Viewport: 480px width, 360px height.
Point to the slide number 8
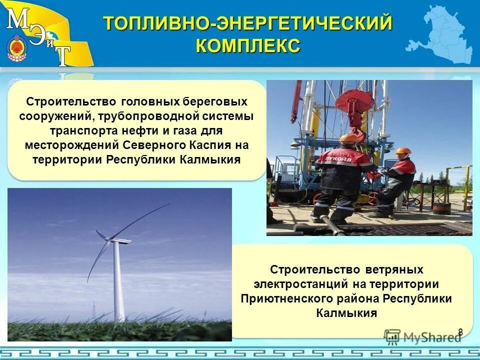click(460, 331)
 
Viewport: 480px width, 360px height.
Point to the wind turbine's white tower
click(118, 285)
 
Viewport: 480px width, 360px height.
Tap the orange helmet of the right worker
click(402, 150)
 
